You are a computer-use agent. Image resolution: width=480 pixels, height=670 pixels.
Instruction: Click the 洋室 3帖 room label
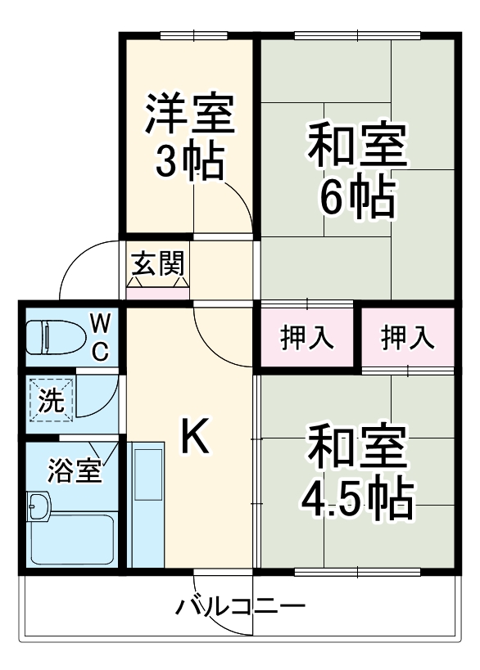[x=190, y=138]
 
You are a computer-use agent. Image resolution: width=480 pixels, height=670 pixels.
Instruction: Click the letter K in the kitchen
[x=194, y=435]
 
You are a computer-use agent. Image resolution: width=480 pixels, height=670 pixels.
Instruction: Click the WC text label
[x=99, y=336]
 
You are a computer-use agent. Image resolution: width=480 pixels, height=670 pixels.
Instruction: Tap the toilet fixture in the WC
[x=53, y=336]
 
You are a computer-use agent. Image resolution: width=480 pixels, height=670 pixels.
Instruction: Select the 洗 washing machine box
[x=50, y=400]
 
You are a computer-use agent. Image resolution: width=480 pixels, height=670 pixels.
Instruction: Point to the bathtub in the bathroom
[x=72, y=538]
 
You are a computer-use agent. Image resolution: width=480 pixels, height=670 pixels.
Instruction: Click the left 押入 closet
[x=307, y=337]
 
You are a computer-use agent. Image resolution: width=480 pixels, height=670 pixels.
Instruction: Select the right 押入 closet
[x=408, y=337]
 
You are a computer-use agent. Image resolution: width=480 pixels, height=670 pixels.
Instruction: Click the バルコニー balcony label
[x=241, y=608]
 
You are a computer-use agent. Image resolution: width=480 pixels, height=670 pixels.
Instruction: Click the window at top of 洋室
[x=192, y=34]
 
